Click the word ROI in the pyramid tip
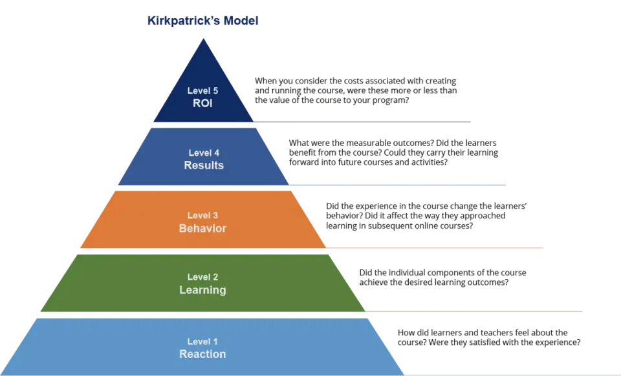[x=202, y=103]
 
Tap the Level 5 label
[x=202, y=91]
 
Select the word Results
[x=202, y=165]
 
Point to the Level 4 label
[x=202, y=153]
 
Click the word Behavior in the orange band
[x=202, y=228]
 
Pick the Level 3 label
[x=202, y=215]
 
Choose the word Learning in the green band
[x=202, y=290]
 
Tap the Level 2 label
[x=202, y=277]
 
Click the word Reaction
[x=202, y=354]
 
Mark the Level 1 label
[x=202, y=341]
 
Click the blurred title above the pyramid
[x=202, y=21]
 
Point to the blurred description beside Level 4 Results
[x=392, y=150]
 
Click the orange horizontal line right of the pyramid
[x=433, y=247]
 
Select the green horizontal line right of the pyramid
[x=475, y=313]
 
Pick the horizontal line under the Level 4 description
[x=397, y=184]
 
